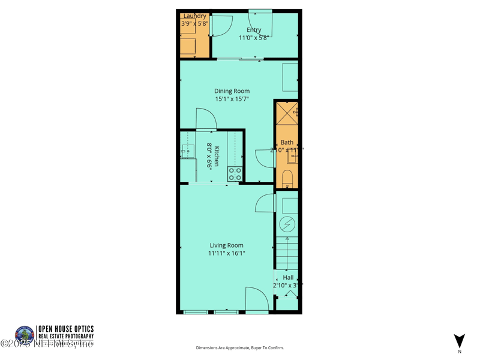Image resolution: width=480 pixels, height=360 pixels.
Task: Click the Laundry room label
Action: click(x=194, y=16)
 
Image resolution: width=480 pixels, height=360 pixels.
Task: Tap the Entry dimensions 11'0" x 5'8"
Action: click(x=254, y=38)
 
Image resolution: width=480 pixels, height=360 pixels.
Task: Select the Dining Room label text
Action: click(x=232, y=91)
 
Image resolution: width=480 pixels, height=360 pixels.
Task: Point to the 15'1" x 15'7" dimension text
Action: click(x=232, y=99)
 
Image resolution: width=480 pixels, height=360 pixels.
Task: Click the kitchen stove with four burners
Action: click(x=235, y=174)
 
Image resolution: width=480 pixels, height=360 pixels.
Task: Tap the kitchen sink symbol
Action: click(x=187, y=151)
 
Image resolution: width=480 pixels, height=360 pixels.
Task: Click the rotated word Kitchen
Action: click(x=217, y=157)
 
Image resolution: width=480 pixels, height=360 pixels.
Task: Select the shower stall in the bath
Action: click(x=287, y=113)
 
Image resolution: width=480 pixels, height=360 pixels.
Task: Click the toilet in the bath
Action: click(x=287, y=178)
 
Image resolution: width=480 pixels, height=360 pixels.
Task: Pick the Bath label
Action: click(x=287, y=142)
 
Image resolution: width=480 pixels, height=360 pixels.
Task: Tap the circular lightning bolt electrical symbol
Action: click(x=288, y=224)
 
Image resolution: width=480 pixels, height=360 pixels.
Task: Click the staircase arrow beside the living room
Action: click(x=287, y=252)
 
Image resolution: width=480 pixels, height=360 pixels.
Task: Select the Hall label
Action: click(x=288, y=278)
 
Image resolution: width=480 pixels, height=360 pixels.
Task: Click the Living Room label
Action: click(x=226, y=245)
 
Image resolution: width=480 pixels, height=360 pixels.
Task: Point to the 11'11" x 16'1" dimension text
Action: click(x=226, y=253)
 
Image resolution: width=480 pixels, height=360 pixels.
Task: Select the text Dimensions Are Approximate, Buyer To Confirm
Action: click(x=239, y=348)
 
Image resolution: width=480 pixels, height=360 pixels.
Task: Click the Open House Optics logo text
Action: click(x=65, y=329)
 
